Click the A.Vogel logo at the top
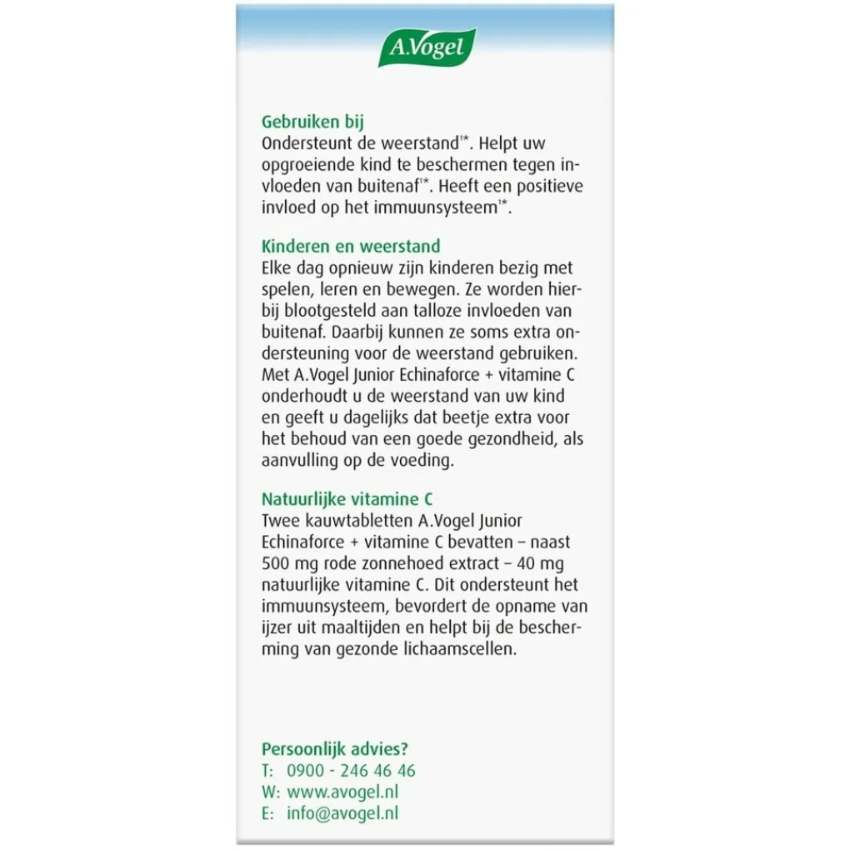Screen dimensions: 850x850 pyautogui.click(x=426, y=47)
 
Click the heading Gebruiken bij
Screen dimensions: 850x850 pyautogui.click(x=312, y=122)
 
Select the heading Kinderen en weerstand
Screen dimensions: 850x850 pyautogui.click(x=351, y=247)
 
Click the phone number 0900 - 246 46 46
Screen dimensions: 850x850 pyautogui.click(x=351, y=771)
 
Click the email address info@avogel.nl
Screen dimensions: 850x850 pyautogui.click(x=342, y=813)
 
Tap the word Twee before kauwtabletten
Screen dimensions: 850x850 pyautogui.click(x=279, y=521)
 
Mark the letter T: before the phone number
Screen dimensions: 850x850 pyautogui.click(x=267, y=771)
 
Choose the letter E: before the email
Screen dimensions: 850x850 pyautogui.click(x=267, y=813)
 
